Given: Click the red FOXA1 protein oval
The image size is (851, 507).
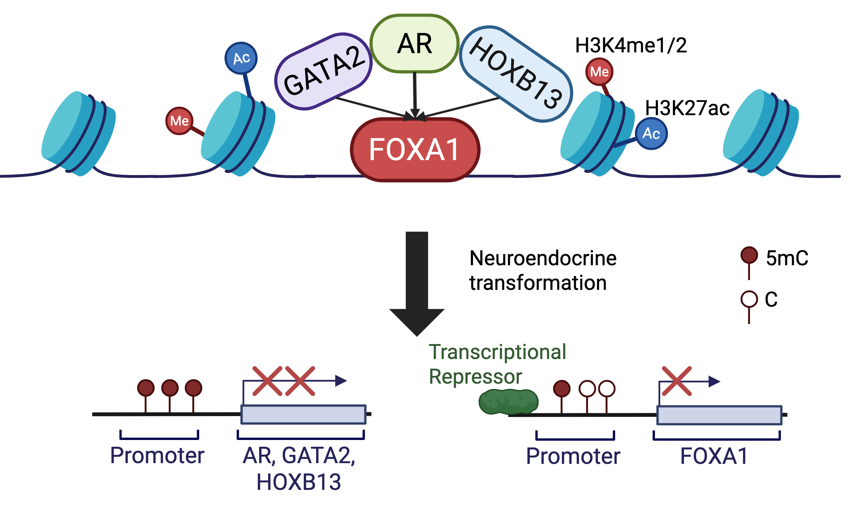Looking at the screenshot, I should tap(415, 150).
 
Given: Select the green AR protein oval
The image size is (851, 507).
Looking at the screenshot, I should tap(414, 43).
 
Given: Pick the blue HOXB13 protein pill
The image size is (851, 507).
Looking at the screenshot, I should tap(516, 73).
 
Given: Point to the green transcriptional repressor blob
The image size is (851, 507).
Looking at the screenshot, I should tap(508, 401).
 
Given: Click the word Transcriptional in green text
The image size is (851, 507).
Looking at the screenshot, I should tap(497, 352).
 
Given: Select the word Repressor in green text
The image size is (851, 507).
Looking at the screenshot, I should tap(475, 377).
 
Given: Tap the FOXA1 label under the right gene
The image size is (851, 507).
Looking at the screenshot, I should tap(714, 456).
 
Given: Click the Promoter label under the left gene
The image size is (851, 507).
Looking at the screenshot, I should tap(157, 455).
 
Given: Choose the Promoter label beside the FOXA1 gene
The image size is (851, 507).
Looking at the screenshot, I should tap(573, 456).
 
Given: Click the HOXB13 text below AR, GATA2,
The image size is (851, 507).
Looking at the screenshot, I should tap(299, 482).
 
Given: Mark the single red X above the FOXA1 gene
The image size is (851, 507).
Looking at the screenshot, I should tap(676, 381).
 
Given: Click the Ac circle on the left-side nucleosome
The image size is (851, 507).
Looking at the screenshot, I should tap(241, 58).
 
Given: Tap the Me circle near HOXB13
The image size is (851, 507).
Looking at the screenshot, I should tap(599, 72).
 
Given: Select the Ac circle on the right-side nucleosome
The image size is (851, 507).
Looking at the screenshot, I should tap(651, 133).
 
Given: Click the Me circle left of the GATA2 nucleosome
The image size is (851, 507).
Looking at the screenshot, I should tap(179, 121).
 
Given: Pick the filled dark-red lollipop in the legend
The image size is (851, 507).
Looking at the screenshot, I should tap(749, 255).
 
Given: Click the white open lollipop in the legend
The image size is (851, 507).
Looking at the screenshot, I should tap(749, 299).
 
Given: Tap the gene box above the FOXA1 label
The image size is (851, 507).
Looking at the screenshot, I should tap(719, 415).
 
